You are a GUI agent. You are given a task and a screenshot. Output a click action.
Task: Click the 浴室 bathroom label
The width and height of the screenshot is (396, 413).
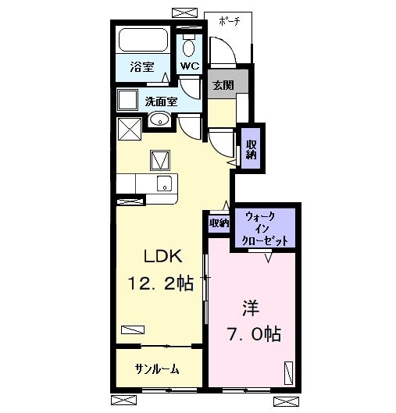[141, 67]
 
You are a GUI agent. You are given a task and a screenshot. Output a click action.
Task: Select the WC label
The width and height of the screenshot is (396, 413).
[190, 66]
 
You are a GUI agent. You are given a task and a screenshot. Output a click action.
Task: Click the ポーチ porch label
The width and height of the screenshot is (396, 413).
[229, 21]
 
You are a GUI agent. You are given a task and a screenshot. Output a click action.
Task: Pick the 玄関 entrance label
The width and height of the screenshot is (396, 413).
[223, 85]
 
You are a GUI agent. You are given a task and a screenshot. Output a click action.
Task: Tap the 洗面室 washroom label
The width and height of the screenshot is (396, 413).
[161, 101]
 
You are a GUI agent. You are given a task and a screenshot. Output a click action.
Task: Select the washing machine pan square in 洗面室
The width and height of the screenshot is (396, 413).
[127, 100]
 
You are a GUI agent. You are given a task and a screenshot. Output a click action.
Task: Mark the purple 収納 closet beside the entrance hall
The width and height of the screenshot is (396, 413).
[251, 148]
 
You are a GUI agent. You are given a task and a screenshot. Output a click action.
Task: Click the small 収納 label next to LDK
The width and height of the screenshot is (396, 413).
[219, 223]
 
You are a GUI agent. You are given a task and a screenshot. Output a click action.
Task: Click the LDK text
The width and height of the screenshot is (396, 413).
[162, 255]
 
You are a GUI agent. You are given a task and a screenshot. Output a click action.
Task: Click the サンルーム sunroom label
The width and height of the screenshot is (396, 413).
[157, 369]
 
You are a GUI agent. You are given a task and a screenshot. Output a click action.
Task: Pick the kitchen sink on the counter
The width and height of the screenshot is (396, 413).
[164, 183]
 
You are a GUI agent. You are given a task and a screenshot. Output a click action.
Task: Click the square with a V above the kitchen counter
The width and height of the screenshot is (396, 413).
[161, 160]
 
